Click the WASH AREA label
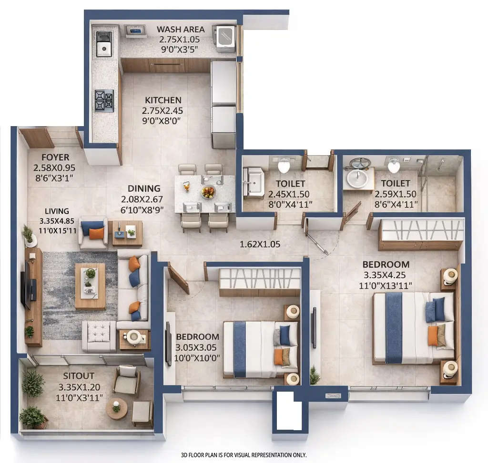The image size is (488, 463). pyautogui.click(x=181, y=30)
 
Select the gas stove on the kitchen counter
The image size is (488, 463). pyautogui.click(x=104, y=100)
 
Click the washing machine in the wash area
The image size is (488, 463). pyautogui.click(x=225, y=38)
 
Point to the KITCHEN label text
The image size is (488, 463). pyautogui.click(x=163, y=100)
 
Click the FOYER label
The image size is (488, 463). pyautogui.click(x=55, y=158)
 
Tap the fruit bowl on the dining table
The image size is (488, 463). pyautogui.click(x=208, y=192)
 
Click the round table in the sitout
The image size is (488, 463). pyautogui.click(x=116, y=408)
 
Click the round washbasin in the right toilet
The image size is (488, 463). pyautogui.click(x=356, y=178)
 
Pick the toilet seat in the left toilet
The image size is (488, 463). pyautogui.click(x=284, y=166)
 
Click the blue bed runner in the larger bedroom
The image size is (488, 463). pyautogui.click(x=394, y=328)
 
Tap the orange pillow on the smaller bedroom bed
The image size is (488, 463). pyautogui.click(x=278, y=356)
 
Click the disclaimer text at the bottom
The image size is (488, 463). pyautogui.click(x=244, y=455)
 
